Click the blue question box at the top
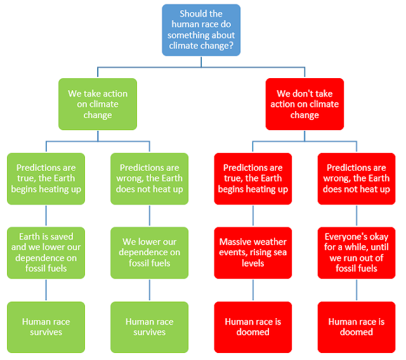click(x=201, y=30)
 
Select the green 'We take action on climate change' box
click(x=98, y=104)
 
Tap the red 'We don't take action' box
click(x=304, y=104)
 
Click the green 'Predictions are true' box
click(x=46, y=178)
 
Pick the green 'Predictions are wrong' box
click(x=150, y=178)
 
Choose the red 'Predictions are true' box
click(x=253, y=178)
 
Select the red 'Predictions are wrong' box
click(x=357, y=178)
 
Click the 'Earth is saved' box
click(x=46, y=253)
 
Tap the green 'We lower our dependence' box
click(x=150, y=253)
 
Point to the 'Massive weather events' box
click(x=253, y=253)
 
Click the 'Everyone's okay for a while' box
click(x=357, y=253)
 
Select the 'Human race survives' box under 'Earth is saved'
click(x=46, y=327)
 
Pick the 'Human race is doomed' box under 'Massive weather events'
click(x=253, y=327)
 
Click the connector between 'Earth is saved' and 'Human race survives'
click(x=46, y=290)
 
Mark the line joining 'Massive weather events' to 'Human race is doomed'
click(x=253, y=290)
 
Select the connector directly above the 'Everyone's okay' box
click(x=357, y=216)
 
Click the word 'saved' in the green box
click(x=63, y=236)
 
